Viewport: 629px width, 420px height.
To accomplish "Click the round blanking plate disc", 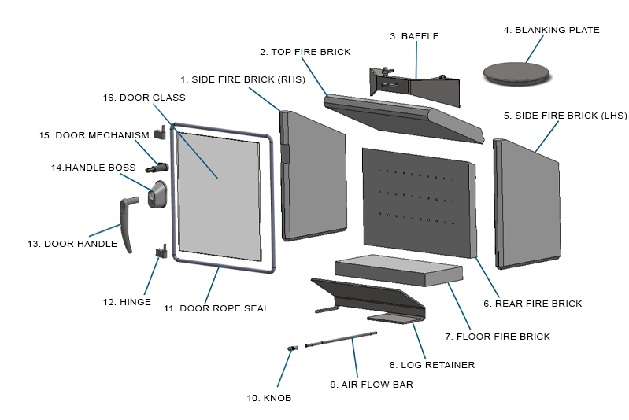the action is [x=516, y=73].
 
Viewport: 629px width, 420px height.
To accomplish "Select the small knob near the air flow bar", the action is [x=293, y=348].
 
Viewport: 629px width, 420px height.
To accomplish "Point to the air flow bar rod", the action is [x=341, y=339].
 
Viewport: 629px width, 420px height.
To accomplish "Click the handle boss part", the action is [x=157, y=194].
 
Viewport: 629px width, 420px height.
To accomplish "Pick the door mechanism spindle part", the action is [x=157, y=167].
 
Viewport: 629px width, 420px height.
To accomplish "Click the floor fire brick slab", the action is [x=399, y=270].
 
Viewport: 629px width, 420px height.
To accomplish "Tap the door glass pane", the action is [x=219, y=197].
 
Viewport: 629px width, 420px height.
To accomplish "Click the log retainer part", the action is [x=369, y=300].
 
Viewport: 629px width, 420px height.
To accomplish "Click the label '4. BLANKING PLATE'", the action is [x=552, y=30].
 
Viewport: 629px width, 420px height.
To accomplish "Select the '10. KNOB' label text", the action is [x=269, y=398].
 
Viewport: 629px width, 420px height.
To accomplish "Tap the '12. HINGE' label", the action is [x=128, y=302].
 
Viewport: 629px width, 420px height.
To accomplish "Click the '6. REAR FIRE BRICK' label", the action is [x=533, y=304].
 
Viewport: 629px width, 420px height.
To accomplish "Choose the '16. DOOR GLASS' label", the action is [x=144, y=98].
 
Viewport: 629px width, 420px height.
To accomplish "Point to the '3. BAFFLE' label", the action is [x=414, y=36].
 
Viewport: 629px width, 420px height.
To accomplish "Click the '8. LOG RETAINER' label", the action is [x=432, y=365].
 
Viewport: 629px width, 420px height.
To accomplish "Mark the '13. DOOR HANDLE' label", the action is [x=72, y=244].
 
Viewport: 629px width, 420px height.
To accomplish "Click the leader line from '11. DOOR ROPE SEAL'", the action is [x=212, y=285].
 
